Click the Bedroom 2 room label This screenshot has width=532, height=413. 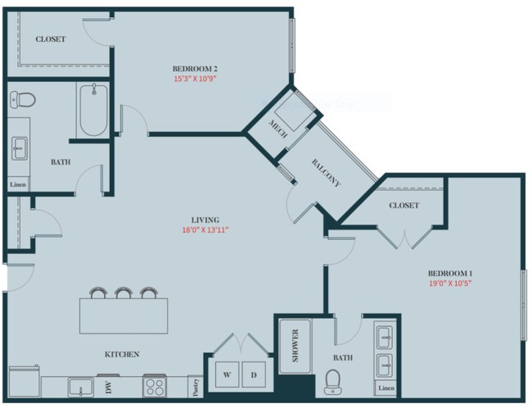(x=194, y=68)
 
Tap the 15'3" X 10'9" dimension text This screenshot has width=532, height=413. (x=194, y=79)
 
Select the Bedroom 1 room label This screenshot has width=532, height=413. (x=449, y=273)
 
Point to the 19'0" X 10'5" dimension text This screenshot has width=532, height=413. (x=449, y=284)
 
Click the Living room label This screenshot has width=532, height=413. (x=205, y=220)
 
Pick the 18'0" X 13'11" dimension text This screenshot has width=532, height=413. (x=205, y=230)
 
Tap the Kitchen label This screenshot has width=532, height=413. (x=121, y=354)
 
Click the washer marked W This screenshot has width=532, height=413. (x=228, y=374)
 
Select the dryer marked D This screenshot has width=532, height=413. (x=255, y=374)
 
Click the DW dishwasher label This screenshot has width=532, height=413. (x=108, y=385)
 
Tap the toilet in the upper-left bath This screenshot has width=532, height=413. (x=23, y=100)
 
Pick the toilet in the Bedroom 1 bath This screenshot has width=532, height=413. (x=333, y=380)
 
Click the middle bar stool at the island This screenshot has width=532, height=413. (x=124, y=293)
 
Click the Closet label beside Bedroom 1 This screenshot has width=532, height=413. (x=404, y=205)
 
